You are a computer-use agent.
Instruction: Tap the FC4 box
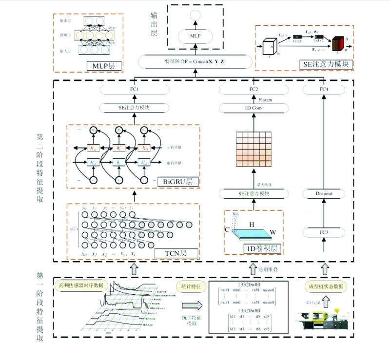(324, 90)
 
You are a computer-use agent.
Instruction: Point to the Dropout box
(324, 193)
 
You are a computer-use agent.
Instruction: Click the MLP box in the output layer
(195, 36)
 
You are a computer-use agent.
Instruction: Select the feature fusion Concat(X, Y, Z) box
(195, 62)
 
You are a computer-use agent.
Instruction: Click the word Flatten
(265, 99)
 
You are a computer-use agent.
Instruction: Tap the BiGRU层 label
(177, 182)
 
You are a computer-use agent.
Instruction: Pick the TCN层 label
(175, 253)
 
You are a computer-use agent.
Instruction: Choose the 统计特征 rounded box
(191, 286)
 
